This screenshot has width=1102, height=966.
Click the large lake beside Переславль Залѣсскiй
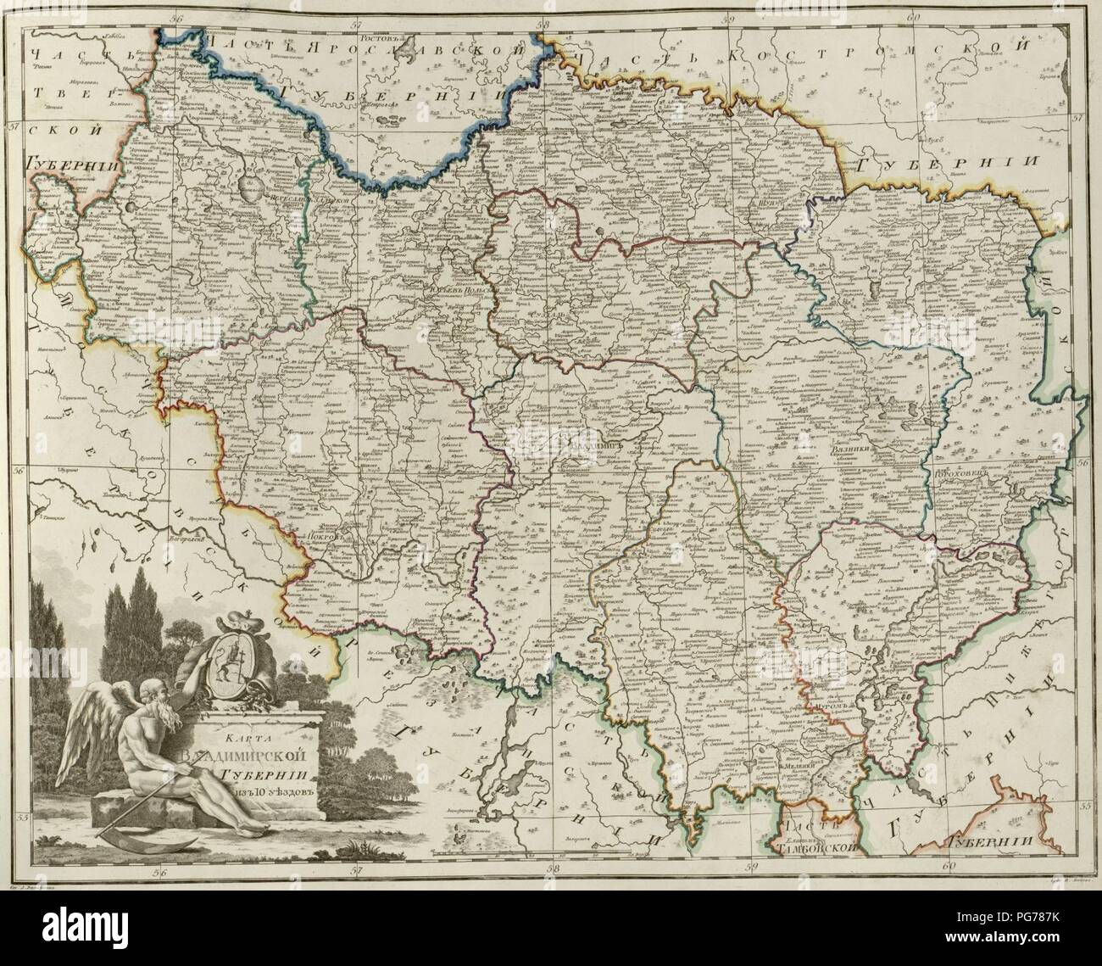[248, 184]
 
